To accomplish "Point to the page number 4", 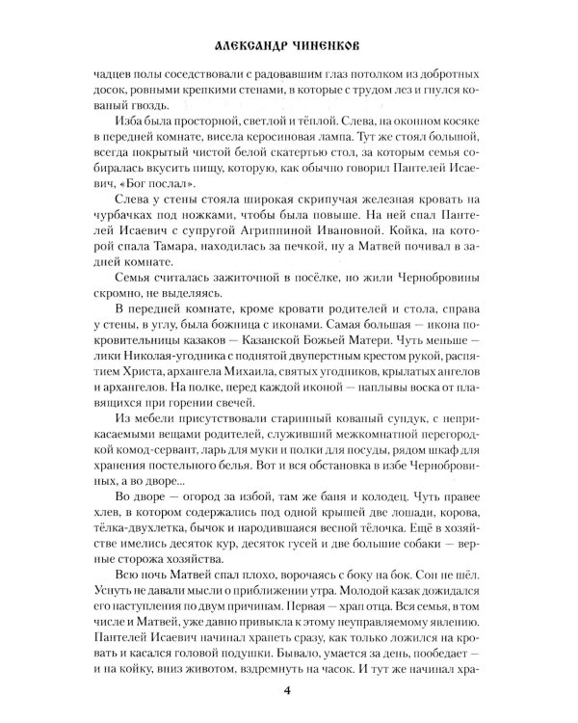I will (287, 689).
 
